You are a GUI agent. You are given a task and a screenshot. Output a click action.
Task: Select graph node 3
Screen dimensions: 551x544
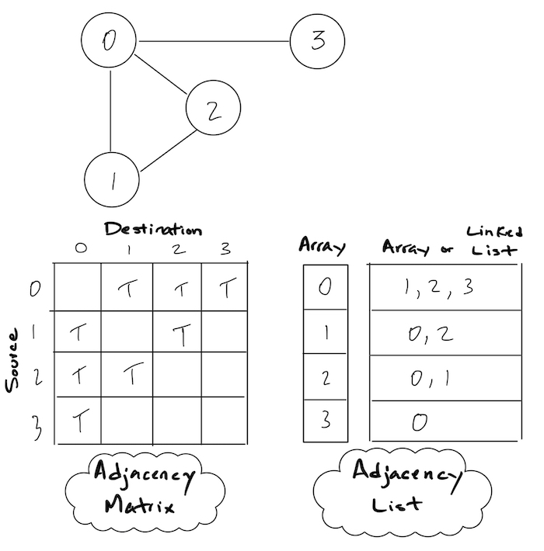(x=317, y=41)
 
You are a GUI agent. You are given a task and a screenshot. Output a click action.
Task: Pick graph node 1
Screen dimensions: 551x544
(x=112, y=180)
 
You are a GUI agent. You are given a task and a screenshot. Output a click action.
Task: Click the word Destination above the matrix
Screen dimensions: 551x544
(x=153, y=230)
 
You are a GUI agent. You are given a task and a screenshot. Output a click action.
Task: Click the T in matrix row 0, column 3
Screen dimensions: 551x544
(x=226, y=289)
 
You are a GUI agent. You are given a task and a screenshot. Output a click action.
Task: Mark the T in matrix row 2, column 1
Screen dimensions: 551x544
(x=133, y=376)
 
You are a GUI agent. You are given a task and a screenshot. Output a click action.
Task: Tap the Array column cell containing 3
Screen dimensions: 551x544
(x=325, y=421)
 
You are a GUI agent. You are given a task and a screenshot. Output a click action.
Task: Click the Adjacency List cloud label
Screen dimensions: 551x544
(x=404, y=487)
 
